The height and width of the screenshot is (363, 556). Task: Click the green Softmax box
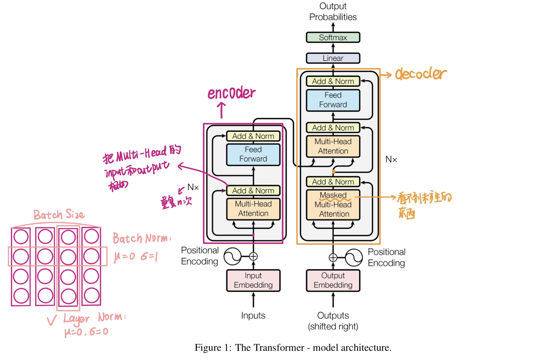click(x=333, y=37)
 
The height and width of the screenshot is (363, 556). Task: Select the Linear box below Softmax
click(x=333, y=58)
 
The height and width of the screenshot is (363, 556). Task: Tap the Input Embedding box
click(x=253, y=280)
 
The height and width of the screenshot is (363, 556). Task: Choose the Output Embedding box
click(x=333, y=280)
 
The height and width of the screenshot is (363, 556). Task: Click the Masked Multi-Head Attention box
click(x=333, y=205)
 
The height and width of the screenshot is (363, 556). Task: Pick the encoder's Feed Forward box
click(x=253, y=154)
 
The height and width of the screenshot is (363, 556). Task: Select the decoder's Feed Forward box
click(x=333, y=100)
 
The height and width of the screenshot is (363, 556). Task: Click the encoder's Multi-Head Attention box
click(x=253, y=209)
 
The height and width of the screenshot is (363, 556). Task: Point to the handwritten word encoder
click(x=231, y=93)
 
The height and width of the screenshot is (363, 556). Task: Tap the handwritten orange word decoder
click(x=421, y=74)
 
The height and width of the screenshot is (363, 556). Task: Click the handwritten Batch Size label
click(x=59, y=215)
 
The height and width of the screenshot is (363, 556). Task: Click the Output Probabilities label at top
click(x=333, y=11)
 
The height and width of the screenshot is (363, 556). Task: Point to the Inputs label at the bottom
click(x=253, y=315)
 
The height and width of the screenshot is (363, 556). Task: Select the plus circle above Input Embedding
click(x=253, y=256)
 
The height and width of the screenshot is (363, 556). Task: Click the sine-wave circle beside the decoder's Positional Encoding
click(x=354, y=258)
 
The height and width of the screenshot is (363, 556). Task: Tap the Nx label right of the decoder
click(x=391, y=160)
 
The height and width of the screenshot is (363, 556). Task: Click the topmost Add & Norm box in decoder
click(x=333, y=81)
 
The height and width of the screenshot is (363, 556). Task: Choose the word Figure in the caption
click(x=208, y=347)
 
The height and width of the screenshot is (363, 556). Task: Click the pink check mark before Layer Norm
click(x=52, y=320)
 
